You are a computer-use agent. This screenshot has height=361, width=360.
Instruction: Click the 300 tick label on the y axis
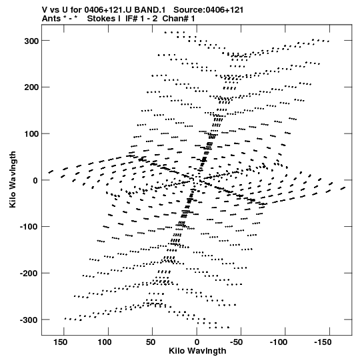point(31,41)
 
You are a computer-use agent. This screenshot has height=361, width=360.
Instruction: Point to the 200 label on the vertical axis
point(31,87)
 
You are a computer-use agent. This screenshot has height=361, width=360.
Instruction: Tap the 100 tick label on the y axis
point(31,134)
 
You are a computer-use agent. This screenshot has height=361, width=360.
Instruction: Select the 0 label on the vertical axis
point(35,180)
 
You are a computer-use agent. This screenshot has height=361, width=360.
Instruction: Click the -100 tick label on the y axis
point(29,227)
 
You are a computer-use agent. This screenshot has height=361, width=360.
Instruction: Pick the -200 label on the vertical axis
point(29,274)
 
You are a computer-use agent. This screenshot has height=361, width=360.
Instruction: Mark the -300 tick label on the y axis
point(29,320)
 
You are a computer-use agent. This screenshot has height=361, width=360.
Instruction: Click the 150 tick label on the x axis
point(61,342)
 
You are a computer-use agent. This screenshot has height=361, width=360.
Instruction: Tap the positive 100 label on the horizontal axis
point(105,342)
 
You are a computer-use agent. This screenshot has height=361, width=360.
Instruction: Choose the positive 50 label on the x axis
point(151,342)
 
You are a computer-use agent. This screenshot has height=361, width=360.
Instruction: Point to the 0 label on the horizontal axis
point(197,342)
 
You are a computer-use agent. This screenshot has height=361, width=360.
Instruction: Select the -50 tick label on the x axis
point(236,342)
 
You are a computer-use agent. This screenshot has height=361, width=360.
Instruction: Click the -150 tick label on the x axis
point(323,342)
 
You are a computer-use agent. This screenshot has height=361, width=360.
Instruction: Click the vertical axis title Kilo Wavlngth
point(13,179)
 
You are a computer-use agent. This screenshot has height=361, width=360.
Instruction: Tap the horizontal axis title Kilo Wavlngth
point(197,351)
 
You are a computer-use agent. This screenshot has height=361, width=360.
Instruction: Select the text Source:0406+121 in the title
point(209,10)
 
